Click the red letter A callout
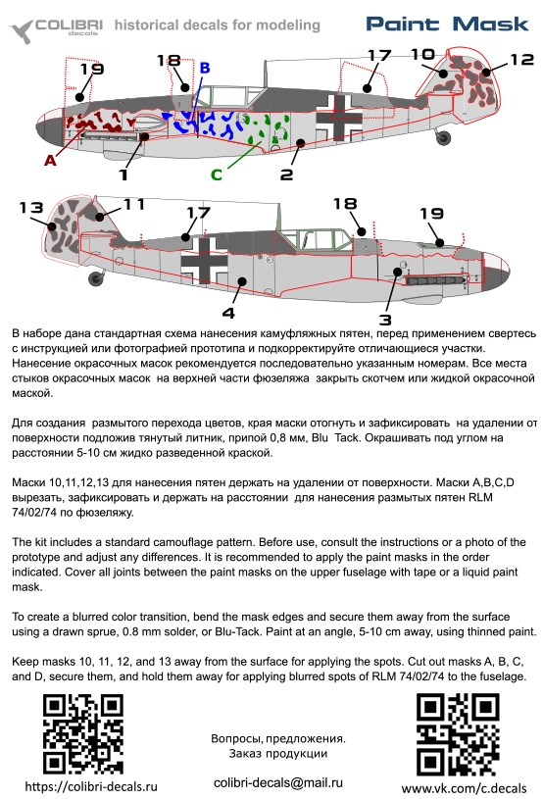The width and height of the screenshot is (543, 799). [x=50, y=161]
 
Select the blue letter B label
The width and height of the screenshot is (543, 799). [x=205, y=68]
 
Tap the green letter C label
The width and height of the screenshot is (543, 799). [x=217, y=175]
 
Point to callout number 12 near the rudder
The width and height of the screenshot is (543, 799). [x=521, y=60]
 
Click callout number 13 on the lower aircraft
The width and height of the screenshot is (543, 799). [x=31, y=208]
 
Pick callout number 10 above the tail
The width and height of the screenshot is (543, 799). [x=422, y=54]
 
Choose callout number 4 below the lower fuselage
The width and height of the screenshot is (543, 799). [x=228, y=313]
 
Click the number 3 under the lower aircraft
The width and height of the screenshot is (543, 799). [x=385, y=320]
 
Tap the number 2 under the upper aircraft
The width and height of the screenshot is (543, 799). [x=287, y=175]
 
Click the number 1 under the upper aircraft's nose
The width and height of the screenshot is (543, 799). [x=123, y=175]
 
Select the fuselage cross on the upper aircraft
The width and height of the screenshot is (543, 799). [x=339, y=118]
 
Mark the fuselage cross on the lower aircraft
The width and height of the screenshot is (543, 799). [x=205, y=261]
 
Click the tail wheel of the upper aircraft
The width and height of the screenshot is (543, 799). [x=443, y=136]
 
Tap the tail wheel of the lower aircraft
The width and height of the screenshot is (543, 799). [x=96, y=278]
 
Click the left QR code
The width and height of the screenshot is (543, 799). [x=83, y=734]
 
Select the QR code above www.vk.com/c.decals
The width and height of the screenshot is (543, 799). [x=458, y=734]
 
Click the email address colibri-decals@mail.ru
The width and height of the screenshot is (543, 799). [x=278, y=782]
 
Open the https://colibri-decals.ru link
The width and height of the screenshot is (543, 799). [x=91, y=787]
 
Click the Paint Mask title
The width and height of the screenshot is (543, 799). [x=448, y=24]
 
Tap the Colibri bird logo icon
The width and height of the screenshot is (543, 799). [x=22, y=31]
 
